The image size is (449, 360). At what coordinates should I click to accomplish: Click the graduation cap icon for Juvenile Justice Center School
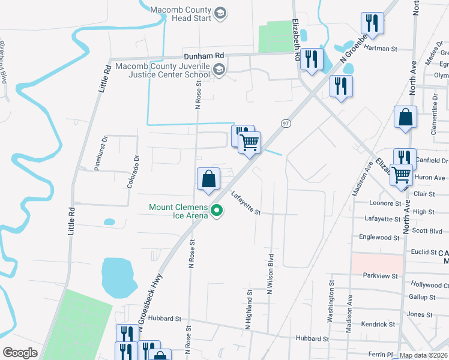219,70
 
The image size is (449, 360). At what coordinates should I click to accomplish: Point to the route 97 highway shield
286,123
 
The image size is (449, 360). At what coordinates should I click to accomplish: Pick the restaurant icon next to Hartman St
372,24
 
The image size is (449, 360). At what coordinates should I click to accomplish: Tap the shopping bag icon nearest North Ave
406,118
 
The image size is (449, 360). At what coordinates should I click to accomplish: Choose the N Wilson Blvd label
270,270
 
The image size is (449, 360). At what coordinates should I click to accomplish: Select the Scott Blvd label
427,230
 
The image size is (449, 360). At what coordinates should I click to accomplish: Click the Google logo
20,352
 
